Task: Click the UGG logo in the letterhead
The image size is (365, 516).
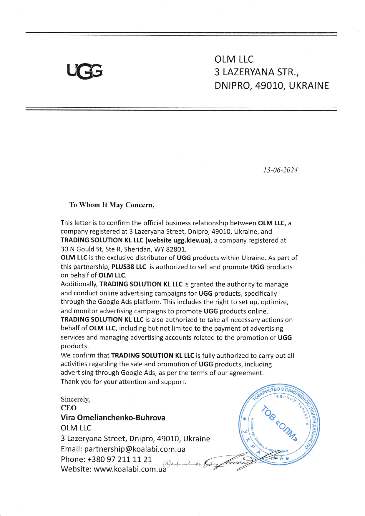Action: coord(85,71)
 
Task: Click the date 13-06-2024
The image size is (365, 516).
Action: coord(280,170)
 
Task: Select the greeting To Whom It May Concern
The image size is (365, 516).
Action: coord(112,205)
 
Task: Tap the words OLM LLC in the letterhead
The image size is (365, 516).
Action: coord(234,59)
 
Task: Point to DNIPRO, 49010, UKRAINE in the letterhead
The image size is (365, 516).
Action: coord(271,86)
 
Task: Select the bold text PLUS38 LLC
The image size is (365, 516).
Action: coord(129,267)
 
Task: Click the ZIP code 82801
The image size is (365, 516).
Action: coord(176,249)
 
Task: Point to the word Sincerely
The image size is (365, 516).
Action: coord(75,399)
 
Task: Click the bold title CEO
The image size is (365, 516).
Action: coord(69,408)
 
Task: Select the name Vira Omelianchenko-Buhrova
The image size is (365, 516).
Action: coord(113,418)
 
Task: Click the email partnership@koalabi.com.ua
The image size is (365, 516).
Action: coord(135,449)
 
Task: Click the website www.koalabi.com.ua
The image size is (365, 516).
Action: coord(130,469)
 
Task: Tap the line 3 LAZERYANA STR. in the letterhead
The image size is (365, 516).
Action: coord(257,72)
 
